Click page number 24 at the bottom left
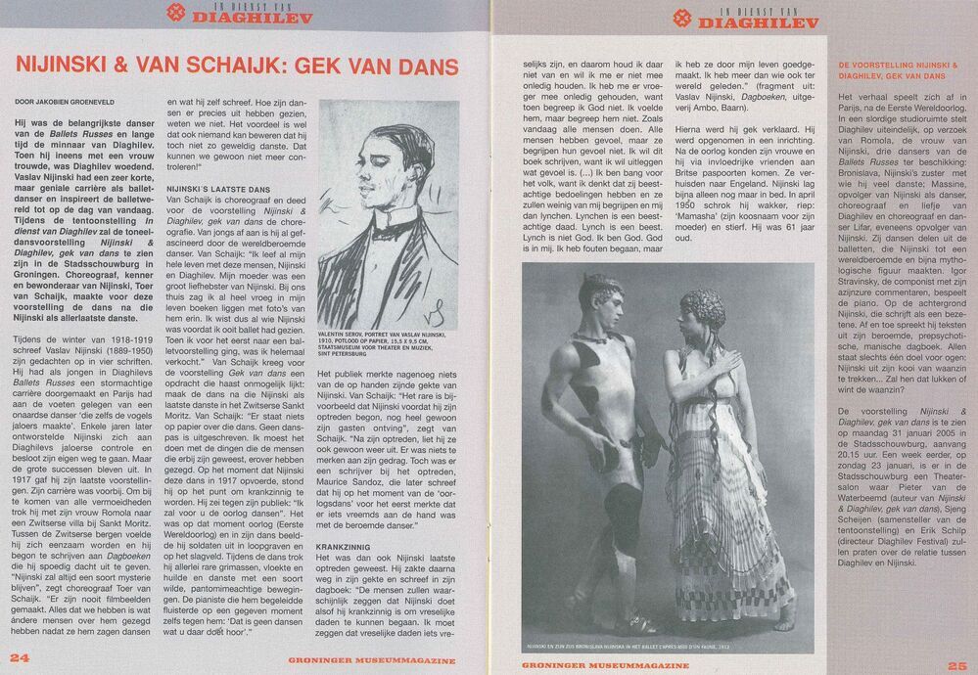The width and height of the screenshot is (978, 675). [x=18, y=657]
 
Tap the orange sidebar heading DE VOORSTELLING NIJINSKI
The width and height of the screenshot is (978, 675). [x=895, y=69]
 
